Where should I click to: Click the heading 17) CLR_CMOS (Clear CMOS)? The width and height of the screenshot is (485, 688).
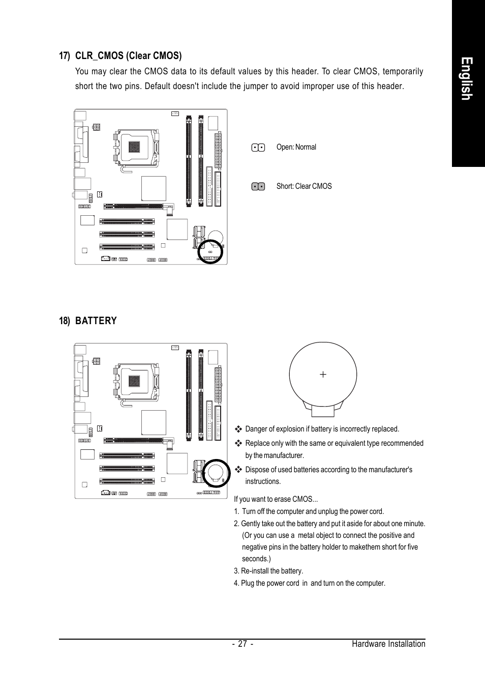[x=120, y=55]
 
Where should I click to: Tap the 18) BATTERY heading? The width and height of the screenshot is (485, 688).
[x=88, y=321]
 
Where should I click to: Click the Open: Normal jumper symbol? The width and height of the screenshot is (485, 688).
[x=258, y=148]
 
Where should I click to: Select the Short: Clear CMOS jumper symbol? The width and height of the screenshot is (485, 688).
[x=258, y=187]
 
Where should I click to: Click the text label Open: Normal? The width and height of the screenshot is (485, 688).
[x=296, y=147]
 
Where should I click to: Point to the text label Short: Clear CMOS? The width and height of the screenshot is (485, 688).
[x=304, y=186]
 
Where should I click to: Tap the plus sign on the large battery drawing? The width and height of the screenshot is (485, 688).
[x=323, y=375]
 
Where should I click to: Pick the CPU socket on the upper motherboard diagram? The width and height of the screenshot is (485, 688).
[x=134, y=147]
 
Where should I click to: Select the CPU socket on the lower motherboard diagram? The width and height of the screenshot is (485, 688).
[x=134, y=381]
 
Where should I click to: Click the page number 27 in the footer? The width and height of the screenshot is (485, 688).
[x=243, y=644]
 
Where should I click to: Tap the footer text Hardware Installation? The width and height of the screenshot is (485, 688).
[x=388, y=644]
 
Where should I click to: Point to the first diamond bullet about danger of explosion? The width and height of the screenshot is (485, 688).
[x=238, y=429]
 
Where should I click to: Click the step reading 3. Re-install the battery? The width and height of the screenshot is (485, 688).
[x=268, y=571]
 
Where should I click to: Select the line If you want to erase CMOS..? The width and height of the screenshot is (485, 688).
[x=276, y=499]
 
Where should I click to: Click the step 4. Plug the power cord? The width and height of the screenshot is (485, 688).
[x=309, y=583]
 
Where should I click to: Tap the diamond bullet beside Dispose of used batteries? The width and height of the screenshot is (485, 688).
[x=238, y=469]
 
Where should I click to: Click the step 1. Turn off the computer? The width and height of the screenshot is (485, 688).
[x=309, y=511]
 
